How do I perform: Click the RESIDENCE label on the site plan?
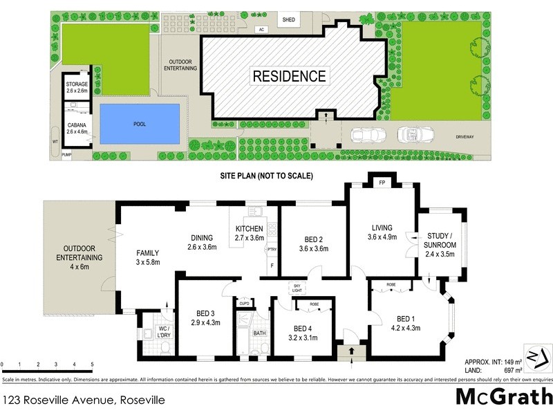pyautogui.click(x=289, y=75)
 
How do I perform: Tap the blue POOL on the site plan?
pyautogui.click(x=140, y=124)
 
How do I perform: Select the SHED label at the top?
pyautogui.click(x=289, y=20)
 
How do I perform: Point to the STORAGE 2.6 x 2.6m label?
pyautogui.click(x=77, y=87)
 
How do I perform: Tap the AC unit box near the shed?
pyautogui.click(x=261, y=30)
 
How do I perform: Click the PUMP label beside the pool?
pyautogui.click(x=67, y=155)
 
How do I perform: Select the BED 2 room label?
pyautogui.click(x=312, y=245)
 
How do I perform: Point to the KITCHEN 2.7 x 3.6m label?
pyautogui.click(x=250, y=233)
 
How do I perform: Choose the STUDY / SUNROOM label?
pyautogui.click(x=440, y=240)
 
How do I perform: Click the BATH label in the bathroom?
pyautogui.click(x=259, y=333)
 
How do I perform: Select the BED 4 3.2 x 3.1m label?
pyautogui.click(x=303, y=333)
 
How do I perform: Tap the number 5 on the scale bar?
pyautogui.click(x=93, y=365)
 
